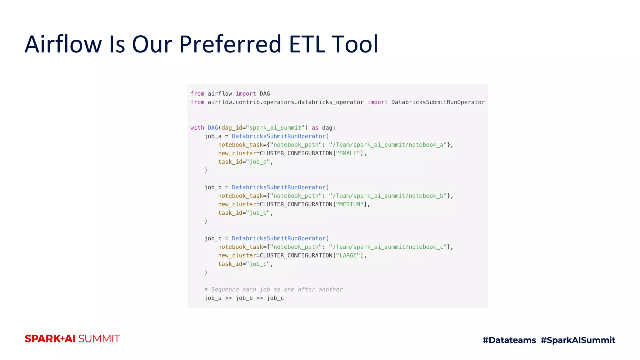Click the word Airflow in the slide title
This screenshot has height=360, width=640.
tap(63, 44)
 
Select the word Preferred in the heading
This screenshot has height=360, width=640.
tap(231, 44)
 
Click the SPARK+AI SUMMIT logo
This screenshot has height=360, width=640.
tap(72, 339)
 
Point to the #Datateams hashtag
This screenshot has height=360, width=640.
tap(509, 340)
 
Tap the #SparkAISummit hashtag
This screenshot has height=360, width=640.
tap(578, 340)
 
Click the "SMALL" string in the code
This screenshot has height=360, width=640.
tap(348, 153)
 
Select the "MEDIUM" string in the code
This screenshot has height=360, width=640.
tap(350, 204)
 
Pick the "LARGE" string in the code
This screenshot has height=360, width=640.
tap(348, 256)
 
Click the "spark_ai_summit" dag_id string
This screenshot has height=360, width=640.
tap(275, 128)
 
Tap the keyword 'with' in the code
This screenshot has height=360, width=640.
tap(197, 128)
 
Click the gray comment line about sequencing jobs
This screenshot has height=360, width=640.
tap(273, 290)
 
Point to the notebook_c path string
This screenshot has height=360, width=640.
tap(387, 247)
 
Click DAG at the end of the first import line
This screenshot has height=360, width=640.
tap(265, 94)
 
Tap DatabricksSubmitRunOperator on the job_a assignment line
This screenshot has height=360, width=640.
tap(279, 136)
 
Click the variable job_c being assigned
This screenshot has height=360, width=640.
tap(213, 239)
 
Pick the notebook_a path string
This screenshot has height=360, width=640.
tap(387, 145)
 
